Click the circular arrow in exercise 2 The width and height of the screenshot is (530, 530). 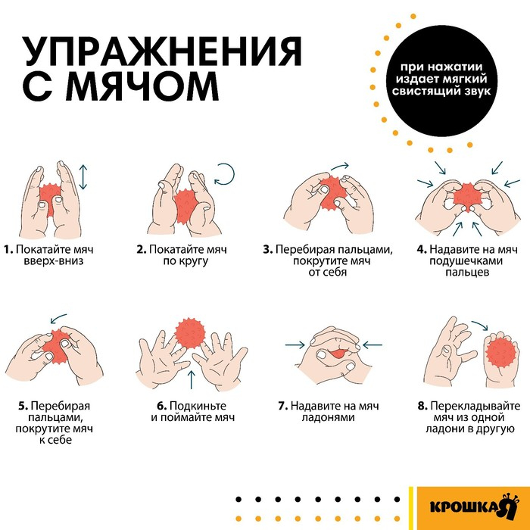(x=226, y=176)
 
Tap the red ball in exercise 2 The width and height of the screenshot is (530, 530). (x=185, y=204)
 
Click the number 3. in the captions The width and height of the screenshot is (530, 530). (x=267, y=249)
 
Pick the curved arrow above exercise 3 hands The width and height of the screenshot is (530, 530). (x=339, y=166)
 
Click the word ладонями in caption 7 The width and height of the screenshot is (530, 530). (x=326, y=417)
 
